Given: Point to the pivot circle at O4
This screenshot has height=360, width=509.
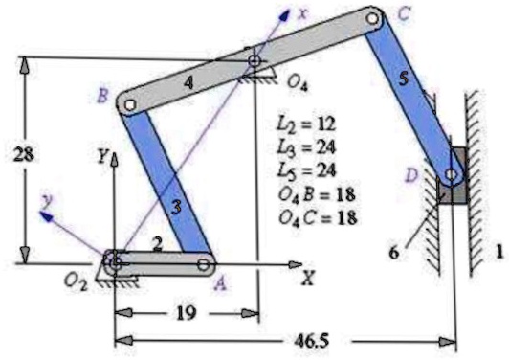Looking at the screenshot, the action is click(x=255, y=64).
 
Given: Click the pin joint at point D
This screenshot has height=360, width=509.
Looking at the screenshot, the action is click(x=450, y=175).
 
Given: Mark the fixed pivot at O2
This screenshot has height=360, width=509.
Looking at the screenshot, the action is click(x=114, y=259).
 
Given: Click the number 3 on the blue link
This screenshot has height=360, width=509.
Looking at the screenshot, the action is click(x=175, y=205).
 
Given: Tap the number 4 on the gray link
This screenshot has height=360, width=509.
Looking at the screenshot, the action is click(x=189, y=83).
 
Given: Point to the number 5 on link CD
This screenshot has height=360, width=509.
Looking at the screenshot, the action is click(x=404, y=80).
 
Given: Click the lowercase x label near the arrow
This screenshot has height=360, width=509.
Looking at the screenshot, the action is click(x=303, y=12).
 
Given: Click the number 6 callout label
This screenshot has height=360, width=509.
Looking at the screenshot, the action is click(x=395, y=252).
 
